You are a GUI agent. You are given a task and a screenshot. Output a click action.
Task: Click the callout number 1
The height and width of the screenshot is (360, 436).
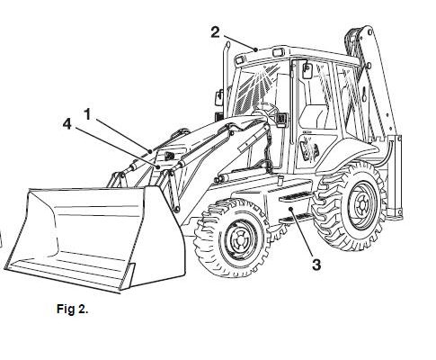[87, 114]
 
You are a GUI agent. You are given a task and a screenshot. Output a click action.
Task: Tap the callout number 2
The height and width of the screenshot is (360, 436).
[215, 32]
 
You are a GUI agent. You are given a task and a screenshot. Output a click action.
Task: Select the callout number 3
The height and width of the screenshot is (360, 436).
[316, 265]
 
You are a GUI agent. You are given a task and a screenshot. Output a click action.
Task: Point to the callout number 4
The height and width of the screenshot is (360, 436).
[67, 124]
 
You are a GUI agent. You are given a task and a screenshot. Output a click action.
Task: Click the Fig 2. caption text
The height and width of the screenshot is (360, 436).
[73, 309]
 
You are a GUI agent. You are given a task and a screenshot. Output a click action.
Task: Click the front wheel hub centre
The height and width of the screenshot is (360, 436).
[239, 238]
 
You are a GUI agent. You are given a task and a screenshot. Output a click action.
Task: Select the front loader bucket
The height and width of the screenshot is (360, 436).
[95, 237]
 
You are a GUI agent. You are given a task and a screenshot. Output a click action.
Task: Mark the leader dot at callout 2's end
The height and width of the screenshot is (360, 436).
[255, 49]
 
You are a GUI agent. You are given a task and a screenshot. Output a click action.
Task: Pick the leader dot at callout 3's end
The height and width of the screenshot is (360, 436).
[290, 209]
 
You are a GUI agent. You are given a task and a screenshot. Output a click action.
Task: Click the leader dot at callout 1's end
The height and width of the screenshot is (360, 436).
[150, 151]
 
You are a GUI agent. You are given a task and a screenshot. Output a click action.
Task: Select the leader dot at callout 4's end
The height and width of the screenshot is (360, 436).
[158, 166]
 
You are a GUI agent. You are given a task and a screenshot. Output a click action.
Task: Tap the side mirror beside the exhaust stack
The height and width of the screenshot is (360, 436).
[219, 97]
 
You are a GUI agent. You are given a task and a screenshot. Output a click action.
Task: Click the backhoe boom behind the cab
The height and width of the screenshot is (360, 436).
[375, 75]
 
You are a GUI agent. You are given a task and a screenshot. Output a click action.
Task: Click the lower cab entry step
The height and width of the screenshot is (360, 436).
[295, 219]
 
